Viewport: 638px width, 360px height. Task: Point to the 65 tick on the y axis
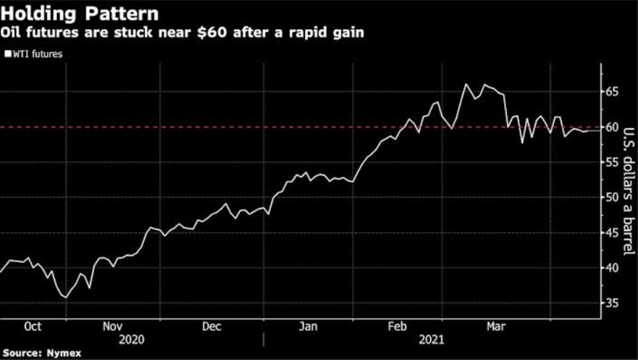click(x=613, y=91)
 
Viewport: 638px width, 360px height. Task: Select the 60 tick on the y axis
click(x=613, y=127)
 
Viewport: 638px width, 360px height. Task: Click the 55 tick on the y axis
click(x=613, y=162)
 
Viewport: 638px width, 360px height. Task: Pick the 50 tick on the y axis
click(x=613, y=197)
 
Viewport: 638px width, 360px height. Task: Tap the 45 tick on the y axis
click(x=613, y=233)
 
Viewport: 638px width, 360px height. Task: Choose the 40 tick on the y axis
click(x=613, y=267)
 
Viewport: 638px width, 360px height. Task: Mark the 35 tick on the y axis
click(x=613, y=303)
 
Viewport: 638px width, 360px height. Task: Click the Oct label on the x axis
click(x=33, y=327)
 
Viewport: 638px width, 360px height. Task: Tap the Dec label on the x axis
click(x=211, y=327)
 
